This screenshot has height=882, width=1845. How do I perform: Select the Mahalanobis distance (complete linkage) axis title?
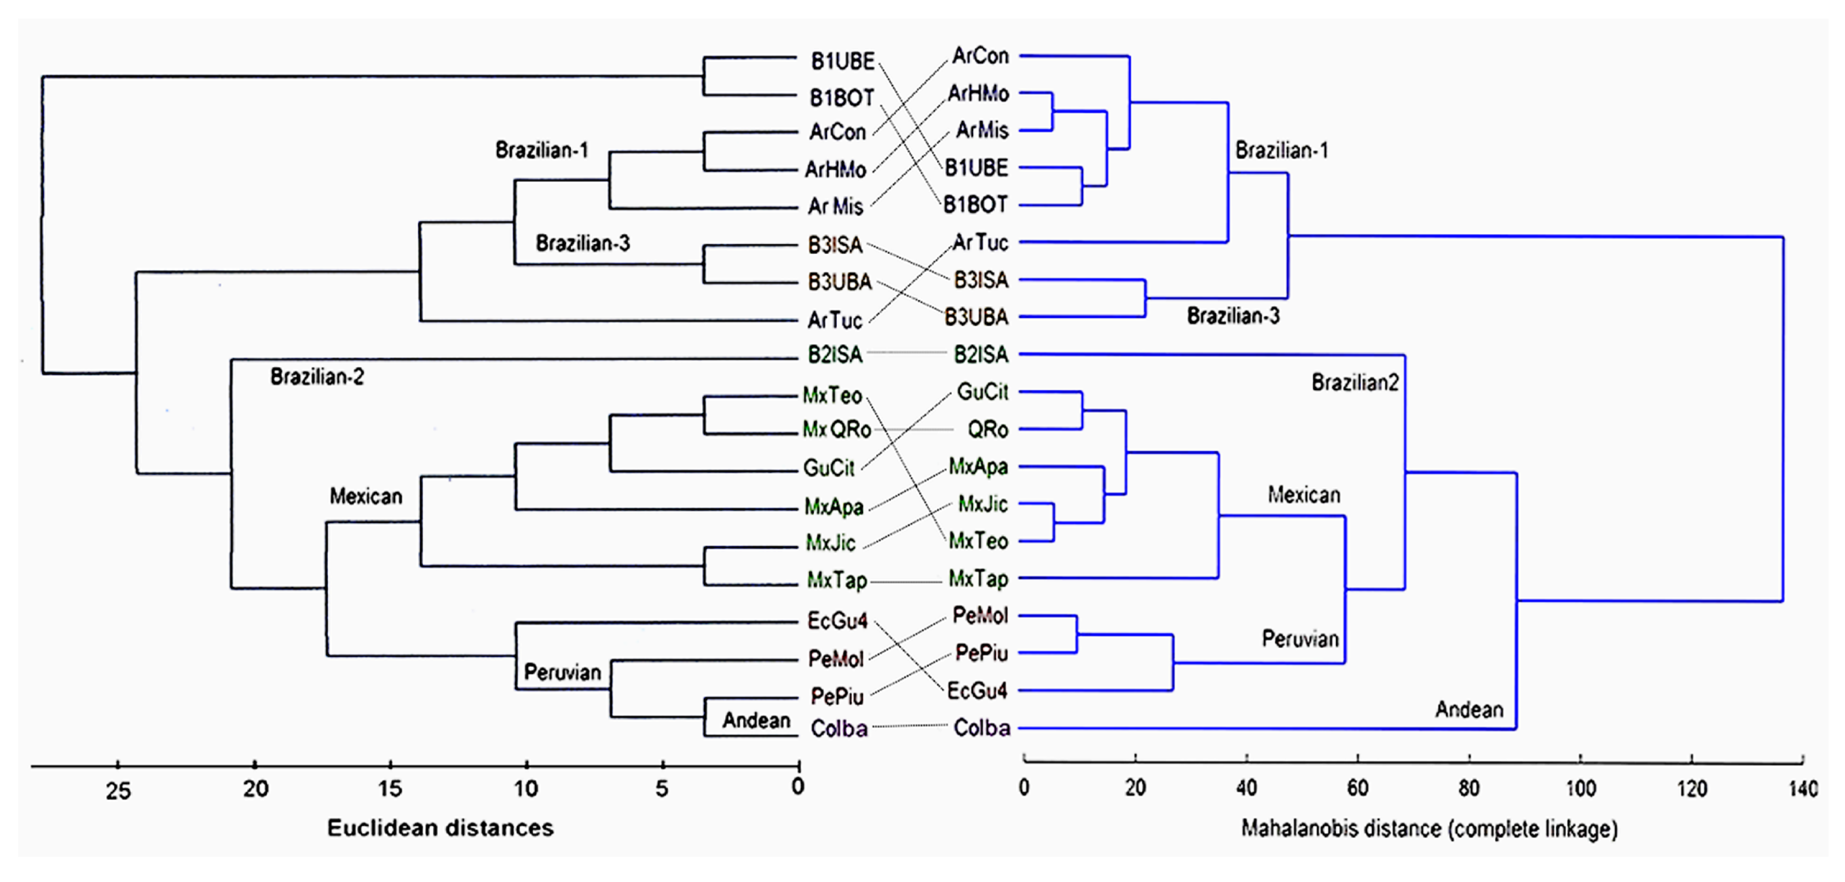1429,828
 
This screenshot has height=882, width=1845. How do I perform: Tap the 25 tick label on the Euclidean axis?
118,791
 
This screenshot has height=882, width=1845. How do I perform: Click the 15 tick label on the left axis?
390,788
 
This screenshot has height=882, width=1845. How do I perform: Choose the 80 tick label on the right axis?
1469,788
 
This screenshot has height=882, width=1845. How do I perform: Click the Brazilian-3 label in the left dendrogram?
582,243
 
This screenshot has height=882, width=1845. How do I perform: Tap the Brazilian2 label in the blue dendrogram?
1355,383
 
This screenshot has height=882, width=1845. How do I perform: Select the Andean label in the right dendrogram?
1468,710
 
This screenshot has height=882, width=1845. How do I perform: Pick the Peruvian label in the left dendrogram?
562,672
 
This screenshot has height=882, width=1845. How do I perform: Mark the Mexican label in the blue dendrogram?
1304,495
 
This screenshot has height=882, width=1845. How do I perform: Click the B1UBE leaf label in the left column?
842,62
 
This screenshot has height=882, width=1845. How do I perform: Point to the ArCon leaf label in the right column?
980,56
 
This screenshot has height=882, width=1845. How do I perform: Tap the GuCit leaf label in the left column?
829,468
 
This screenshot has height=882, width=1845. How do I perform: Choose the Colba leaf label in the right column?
981,728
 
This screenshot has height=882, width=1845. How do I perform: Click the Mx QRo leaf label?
836,430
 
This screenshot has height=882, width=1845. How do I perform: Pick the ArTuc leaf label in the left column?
835,320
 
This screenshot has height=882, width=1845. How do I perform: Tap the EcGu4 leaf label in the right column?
977,691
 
